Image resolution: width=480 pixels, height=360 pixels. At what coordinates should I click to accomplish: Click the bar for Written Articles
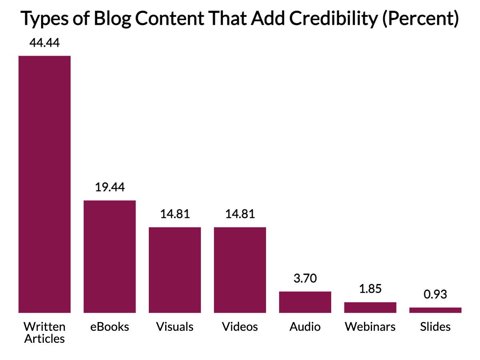click(45, 184)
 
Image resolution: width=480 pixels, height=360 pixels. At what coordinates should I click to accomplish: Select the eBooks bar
click(110, 256)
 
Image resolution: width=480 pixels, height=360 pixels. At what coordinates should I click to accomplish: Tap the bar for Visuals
click(175, 270)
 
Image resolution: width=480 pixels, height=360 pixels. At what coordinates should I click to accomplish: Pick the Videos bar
click(240, 270)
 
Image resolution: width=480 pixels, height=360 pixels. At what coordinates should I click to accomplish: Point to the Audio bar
click(305, 302)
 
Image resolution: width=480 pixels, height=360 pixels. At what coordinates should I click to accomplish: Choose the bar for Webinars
click(370, 307)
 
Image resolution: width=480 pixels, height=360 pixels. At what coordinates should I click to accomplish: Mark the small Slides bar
click(435, 310)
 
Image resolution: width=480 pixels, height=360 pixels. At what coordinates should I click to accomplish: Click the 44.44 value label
click(45, 43)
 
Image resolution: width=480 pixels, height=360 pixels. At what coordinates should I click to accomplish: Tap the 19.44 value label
click(110, 187)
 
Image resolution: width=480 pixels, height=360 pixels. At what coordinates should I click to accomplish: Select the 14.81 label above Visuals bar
click(175, 214)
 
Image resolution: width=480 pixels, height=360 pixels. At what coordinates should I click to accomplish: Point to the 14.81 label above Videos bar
click(240, 214)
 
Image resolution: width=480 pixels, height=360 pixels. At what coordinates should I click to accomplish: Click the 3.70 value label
click(305, 278)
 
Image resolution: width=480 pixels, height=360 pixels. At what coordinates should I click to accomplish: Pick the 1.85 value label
click(370, 289)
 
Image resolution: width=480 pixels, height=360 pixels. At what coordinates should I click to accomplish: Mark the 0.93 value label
click(435, 294)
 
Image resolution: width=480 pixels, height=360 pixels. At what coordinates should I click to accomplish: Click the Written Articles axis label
click(44, 332)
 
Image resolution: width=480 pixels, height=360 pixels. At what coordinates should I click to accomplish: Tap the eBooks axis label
click(110, 327)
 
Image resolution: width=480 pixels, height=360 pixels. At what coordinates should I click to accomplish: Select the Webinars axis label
click(370, 327)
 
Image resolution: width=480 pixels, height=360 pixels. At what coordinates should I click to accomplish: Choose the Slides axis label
click(435, 327)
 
